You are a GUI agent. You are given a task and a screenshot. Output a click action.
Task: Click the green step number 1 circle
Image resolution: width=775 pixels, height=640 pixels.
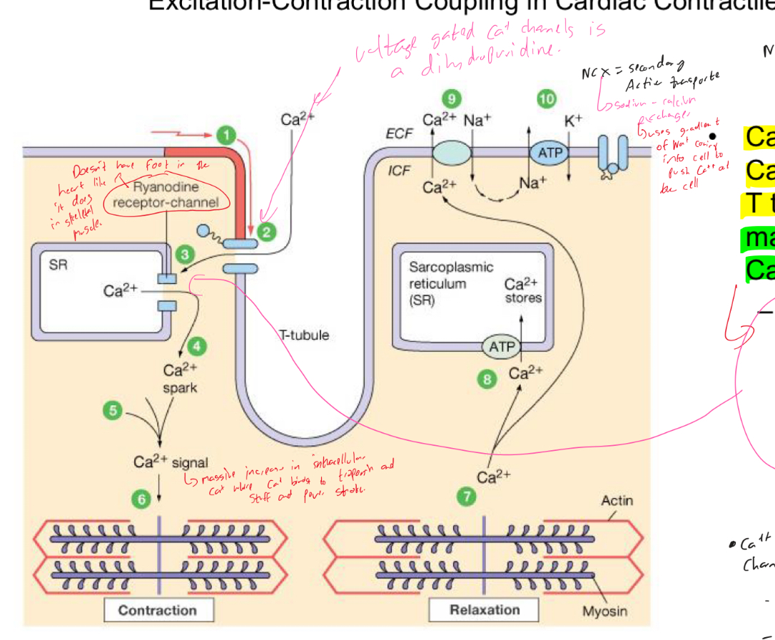226,135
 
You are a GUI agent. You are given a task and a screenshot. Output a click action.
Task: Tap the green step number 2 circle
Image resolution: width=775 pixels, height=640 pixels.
267,231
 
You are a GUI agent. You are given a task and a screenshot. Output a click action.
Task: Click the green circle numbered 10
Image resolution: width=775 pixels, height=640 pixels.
547,99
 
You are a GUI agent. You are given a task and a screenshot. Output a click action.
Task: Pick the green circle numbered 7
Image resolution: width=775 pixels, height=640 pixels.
467,497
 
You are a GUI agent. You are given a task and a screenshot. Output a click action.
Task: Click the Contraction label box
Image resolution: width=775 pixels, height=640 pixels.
158,611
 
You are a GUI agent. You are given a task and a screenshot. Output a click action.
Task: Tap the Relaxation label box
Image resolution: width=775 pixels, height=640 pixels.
485,610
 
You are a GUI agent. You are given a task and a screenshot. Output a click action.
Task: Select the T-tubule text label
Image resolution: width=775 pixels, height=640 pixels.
304,335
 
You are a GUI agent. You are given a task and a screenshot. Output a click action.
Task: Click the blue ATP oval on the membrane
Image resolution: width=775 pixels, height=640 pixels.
550,153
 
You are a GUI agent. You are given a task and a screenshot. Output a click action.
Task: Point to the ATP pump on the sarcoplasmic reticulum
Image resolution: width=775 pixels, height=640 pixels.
502,347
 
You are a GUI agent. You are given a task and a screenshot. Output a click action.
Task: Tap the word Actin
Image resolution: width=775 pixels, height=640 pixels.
617,501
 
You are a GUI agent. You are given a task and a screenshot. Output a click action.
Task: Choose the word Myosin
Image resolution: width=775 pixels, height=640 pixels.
604,611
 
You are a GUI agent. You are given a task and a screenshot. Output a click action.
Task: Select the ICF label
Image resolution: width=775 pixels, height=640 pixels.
399,171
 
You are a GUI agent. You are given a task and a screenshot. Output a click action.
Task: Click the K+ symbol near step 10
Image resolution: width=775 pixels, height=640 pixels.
573,121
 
